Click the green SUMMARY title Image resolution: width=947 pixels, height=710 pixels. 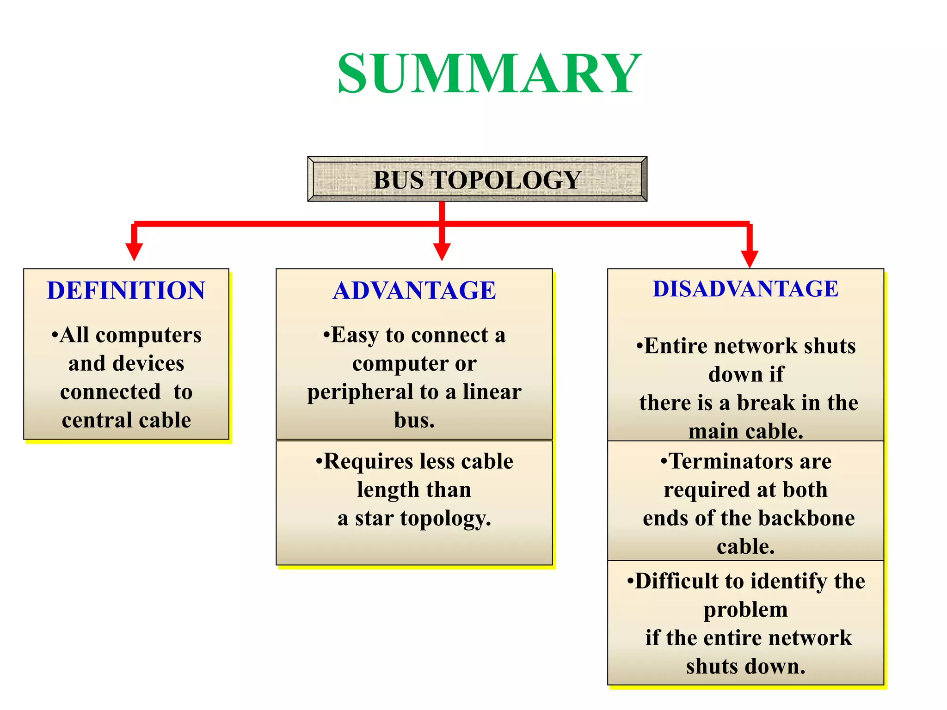pos(489,74)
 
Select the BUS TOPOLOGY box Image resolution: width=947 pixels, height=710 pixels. pos(477,179)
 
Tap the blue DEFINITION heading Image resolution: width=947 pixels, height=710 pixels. pos(126,290)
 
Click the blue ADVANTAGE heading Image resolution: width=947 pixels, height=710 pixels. pos(414,290)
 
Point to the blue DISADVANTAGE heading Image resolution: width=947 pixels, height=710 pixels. pos(745,289)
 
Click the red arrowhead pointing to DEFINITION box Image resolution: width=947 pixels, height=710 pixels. pos(134,252)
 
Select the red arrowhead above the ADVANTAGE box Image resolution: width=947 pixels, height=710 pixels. pos(442,252)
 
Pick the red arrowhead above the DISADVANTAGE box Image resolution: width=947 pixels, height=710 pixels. pos(750,259)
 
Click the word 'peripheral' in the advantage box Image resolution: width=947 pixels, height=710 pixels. pos(360,392)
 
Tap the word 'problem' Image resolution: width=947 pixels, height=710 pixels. pos(745,610)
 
